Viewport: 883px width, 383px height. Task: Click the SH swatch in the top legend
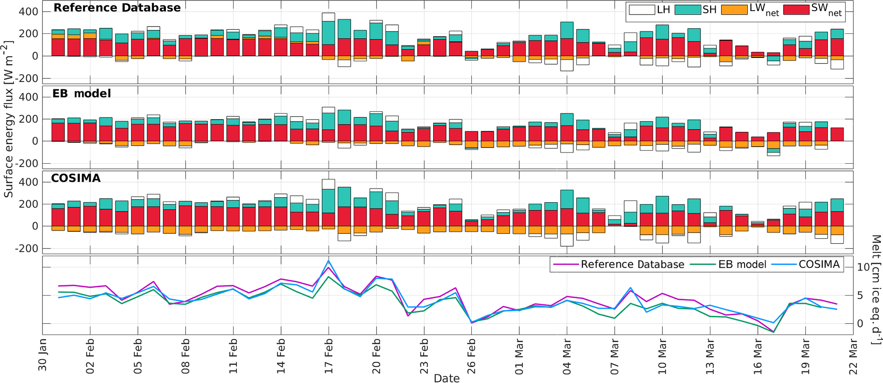(688, 9)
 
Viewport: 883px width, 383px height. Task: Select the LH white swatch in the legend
(641, 9)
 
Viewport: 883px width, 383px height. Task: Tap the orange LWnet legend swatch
(734, 9)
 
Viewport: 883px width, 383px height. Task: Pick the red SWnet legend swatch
(796, 9)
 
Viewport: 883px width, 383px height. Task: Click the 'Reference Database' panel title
(117, 8)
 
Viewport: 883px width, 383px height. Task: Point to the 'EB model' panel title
(81, 93)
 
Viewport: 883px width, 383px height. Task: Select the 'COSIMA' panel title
(76, 178)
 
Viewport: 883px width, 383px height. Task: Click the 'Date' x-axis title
(446, 378)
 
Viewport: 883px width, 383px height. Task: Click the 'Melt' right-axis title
(876, 290)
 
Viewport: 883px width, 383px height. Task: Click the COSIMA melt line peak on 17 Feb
(329, 260)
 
